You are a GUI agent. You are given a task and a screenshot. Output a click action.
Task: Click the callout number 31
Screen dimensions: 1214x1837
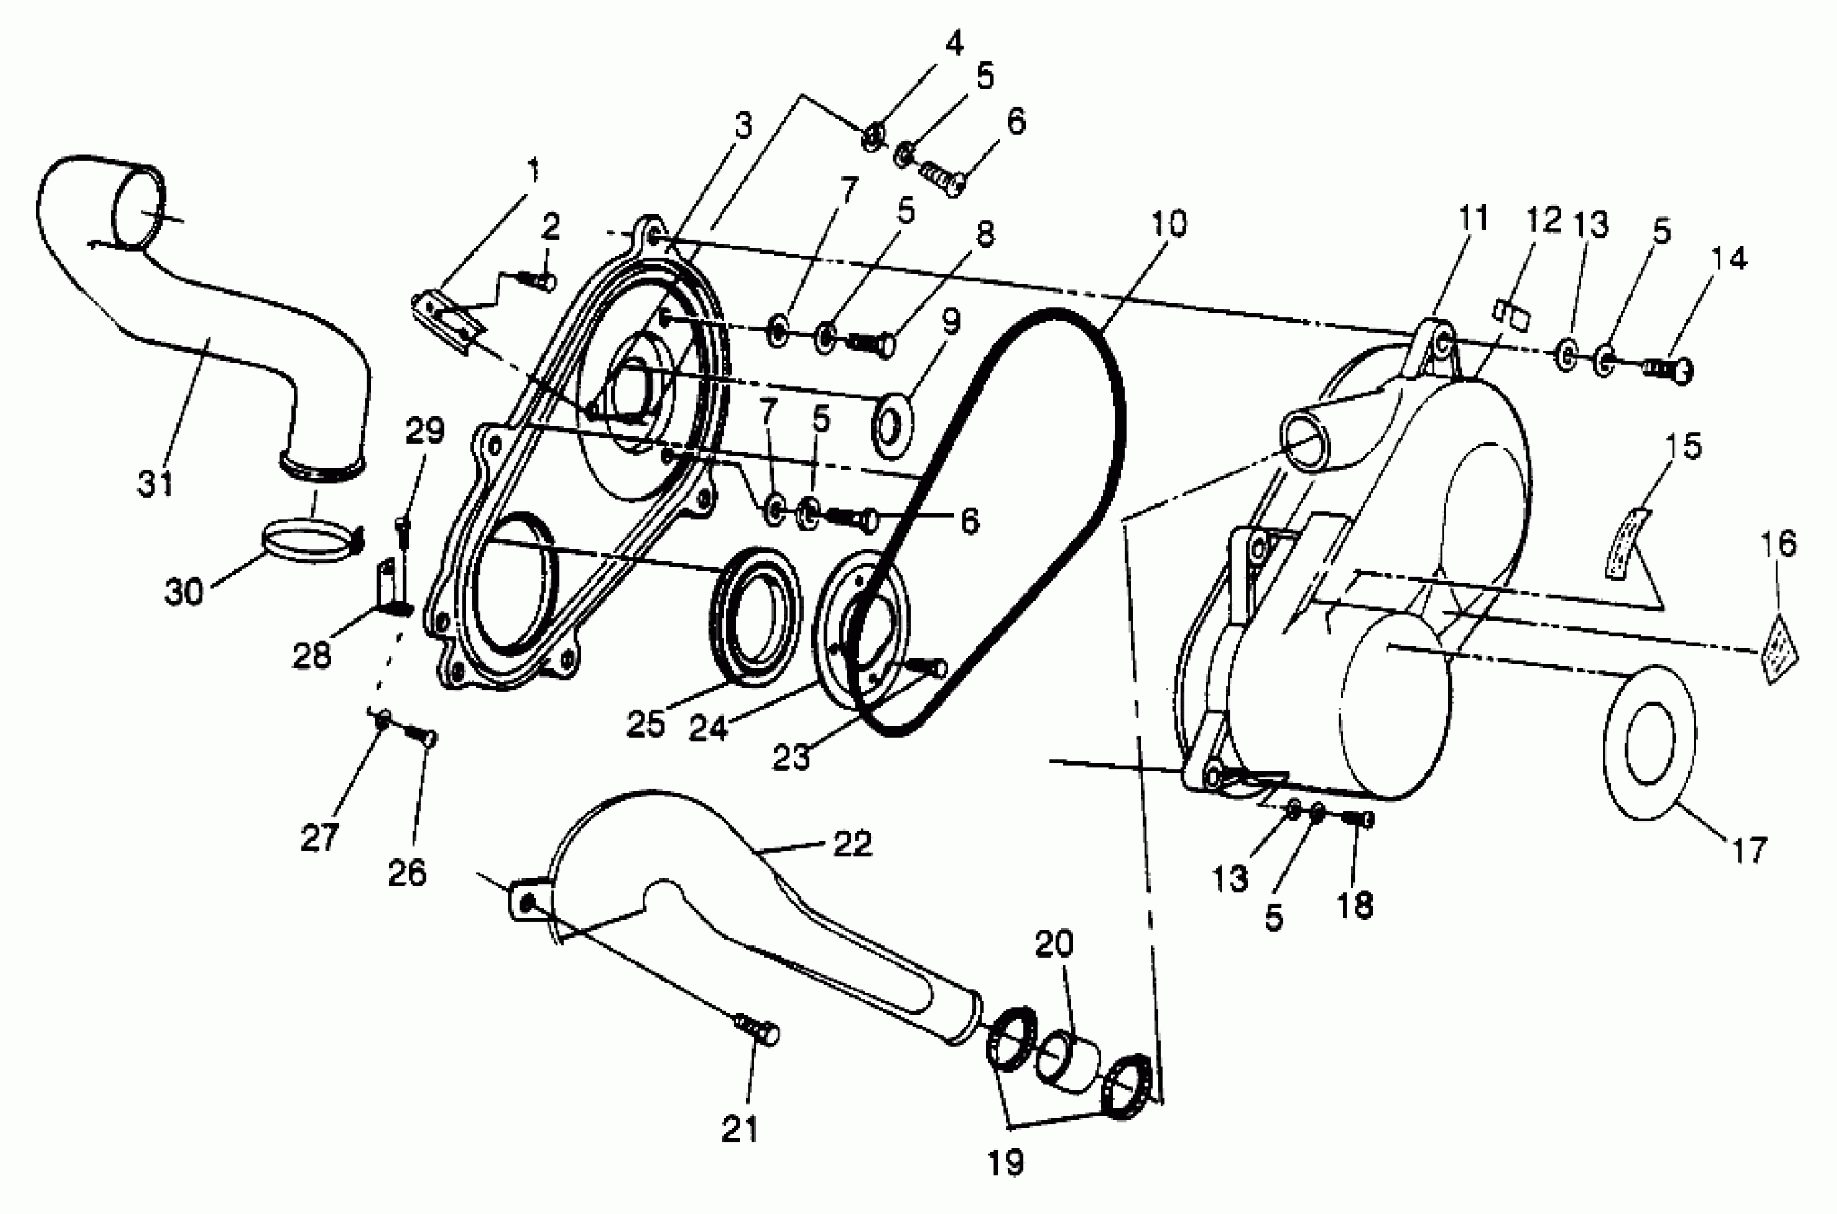point(155,484)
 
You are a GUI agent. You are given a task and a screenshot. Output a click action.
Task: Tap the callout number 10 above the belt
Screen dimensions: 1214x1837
point(1169,224)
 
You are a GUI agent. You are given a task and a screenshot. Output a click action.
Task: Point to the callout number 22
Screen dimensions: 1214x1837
point(851,843)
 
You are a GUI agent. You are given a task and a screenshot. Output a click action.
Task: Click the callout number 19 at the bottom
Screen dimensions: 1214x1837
point(1006,1161)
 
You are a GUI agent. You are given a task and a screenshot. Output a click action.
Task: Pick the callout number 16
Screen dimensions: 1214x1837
point(1778,543)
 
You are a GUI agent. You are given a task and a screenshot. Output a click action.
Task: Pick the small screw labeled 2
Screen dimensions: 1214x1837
point(539,279)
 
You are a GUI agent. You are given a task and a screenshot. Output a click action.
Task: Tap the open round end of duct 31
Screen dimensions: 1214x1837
point(139,210)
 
